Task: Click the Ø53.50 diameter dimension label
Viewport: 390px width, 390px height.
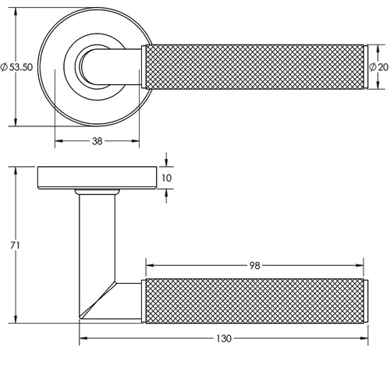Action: tap(16, 67)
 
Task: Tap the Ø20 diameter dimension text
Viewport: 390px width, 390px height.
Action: tap(379, 67)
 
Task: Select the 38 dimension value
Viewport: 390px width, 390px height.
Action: tap(97, 141)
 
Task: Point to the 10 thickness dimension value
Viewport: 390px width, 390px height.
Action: tap(167, 178)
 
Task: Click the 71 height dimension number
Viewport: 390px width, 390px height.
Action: tap(15, 245)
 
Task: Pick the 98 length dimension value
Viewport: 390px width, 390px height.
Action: tap(255, 266)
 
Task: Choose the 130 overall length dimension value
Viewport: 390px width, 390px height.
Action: tap(224, 339)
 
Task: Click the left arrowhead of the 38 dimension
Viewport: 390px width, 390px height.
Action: tap(58, 141)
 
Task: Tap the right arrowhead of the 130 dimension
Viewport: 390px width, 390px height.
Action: tap(364, 339)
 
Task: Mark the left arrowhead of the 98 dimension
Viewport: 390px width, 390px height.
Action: tap(150, 265)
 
